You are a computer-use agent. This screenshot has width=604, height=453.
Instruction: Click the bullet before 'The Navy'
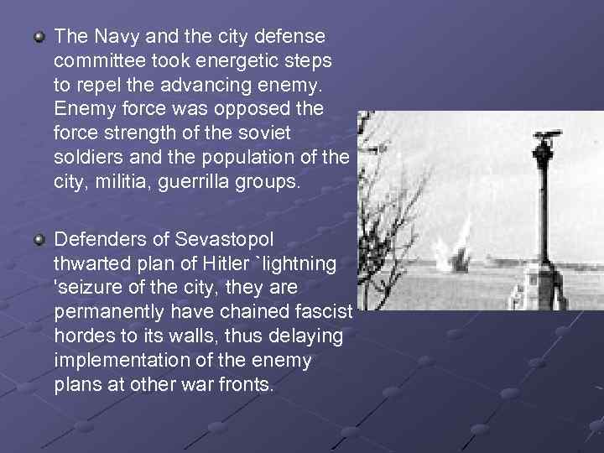point(39,38)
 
